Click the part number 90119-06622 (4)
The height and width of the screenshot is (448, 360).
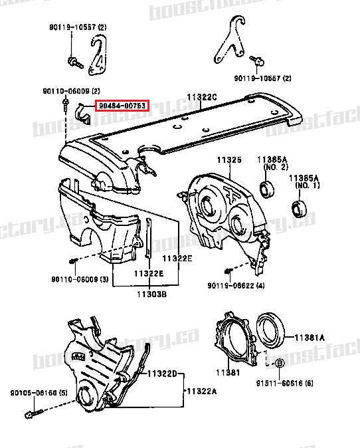pyautogui.click(x=236, y=286)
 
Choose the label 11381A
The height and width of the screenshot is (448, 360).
pyautogui.click(x=310, y=337)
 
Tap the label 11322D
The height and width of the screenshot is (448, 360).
pyautogui.click(x=162, y=374)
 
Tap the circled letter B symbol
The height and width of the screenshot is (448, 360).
pyautogui.click(x=280, y=363)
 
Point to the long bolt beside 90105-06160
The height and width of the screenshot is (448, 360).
pyautogui.click(x=33, y=413)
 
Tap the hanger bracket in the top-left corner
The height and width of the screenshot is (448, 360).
pyautogui.click(x=98, y=58)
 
